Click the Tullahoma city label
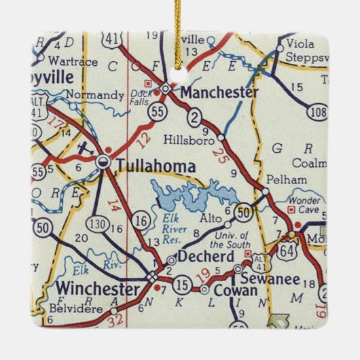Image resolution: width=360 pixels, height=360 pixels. [x=156, y=165]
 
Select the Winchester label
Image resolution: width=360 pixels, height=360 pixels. [x=98, y=287]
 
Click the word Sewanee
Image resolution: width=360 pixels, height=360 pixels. [x=267, y=278]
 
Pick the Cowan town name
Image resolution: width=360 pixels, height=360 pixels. [x=236, y=291]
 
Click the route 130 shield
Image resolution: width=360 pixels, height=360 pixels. [x=95, y=226]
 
